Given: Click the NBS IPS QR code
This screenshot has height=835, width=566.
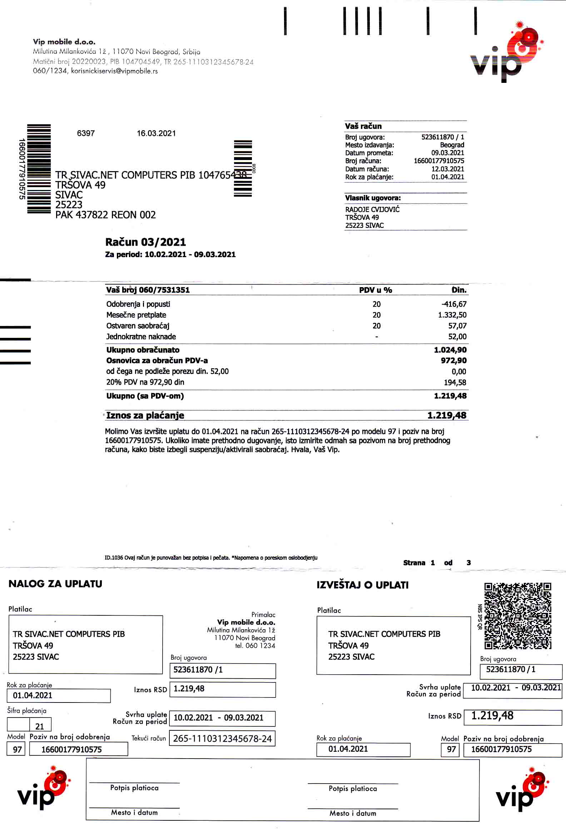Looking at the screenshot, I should click(x=517, y=616).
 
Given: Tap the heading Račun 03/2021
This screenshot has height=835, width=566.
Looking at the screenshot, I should click(x=145, y=242).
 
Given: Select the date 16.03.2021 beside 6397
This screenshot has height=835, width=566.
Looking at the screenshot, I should click(x=156, y=133).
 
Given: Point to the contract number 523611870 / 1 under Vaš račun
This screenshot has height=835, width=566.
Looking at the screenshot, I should click(x=442, y=137).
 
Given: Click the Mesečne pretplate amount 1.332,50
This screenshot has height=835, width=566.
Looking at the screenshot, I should click(x=452, y=315).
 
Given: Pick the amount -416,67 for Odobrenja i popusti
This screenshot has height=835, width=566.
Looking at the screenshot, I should click(x=454, y=304).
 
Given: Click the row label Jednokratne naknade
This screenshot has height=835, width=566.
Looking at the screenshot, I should click(x=141, y=337).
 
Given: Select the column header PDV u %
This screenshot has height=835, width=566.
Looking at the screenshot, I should click(x=375, y=290).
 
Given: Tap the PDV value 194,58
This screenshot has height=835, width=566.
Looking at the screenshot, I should click(x=455, y=382).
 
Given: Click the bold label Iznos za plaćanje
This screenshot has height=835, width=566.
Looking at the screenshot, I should click(x=145, y=415).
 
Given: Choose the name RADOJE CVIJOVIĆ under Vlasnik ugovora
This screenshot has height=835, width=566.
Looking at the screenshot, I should click(x=372, y=210).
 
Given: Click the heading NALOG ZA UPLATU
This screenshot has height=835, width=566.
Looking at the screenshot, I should click(x=55, y=584).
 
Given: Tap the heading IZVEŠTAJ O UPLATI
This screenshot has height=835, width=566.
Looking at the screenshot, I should click(x=362, y=585).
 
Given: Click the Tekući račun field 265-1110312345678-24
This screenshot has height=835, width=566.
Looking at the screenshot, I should click(x=222, y=739).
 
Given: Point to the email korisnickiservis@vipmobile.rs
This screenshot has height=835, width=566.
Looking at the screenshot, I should click(x=114, y=71).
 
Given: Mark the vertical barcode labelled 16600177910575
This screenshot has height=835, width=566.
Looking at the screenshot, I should click(x=39, y=169).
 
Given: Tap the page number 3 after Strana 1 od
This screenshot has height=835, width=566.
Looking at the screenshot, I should click(x=468, y=563).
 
